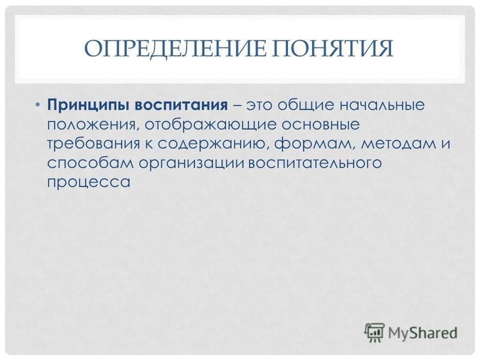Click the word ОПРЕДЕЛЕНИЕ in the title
175,49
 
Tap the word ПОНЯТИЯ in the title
333,49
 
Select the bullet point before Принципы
37,105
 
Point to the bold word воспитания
181,106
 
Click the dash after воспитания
238,106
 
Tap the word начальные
382,106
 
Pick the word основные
320,125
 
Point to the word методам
398,144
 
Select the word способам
91,163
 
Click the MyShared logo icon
374,332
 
